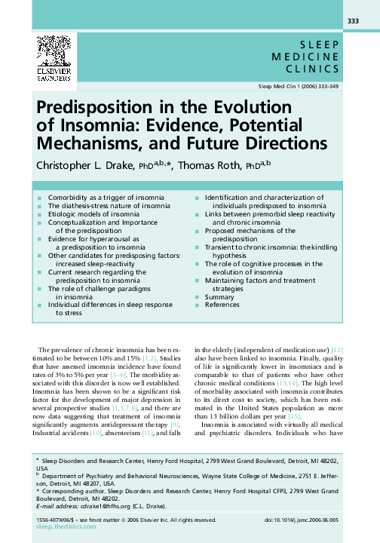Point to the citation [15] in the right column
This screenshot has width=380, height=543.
click(x=293, y=416)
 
